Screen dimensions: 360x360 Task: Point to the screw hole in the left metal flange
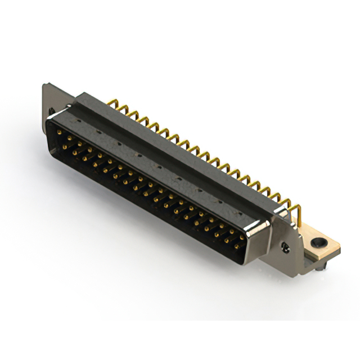point(52,111)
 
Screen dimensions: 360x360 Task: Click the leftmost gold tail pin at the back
point(113,103)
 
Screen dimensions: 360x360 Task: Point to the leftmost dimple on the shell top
point(100,129)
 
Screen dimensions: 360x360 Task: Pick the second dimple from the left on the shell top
point(119,141)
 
